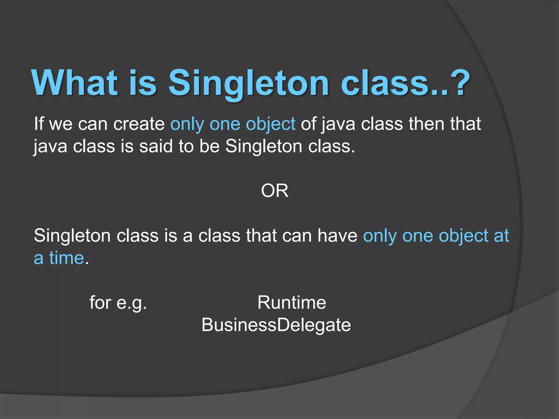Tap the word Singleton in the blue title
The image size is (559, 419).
248,83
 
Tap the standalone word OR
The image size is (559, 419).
275,191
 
